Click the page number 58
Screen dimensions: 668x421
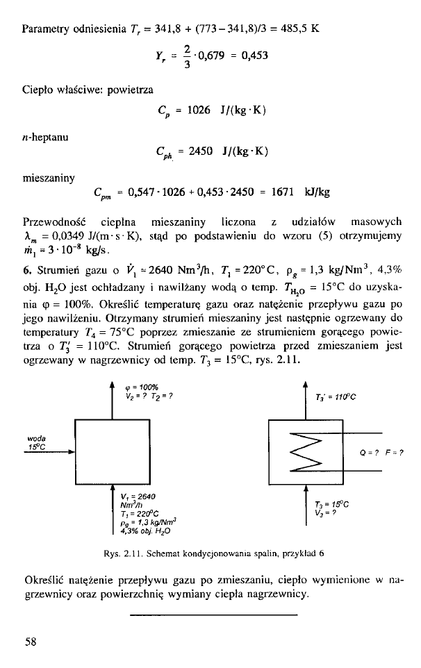(x=30, y=642)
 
